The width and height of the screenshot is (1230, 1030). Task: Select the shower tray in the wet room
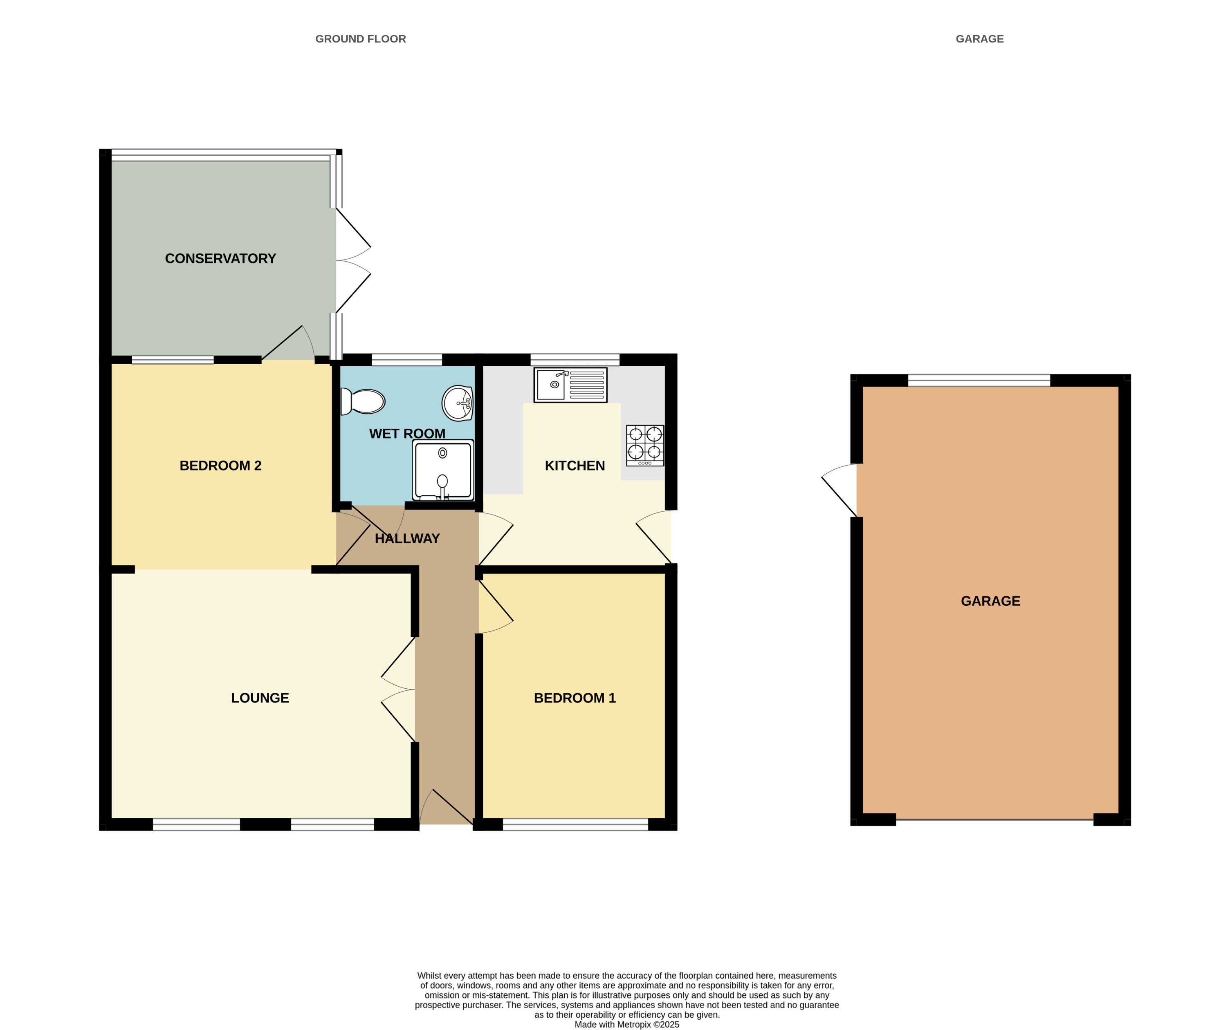pos(443,470)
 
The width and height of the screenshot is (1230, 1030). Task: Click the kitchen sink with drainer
pos(570,385)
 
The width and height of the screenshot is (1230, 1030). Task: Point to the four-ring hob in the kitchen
pos(645,445)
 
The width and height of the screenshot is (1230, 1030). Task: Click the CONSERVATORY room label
pos(220,258)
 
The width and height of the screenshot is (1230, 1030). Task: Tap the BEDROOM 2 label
pos(220,466)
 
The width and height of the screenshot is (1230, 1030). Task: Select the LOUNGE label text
pos(260,698)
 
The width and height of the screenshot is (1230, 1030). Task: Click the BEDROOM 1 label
pos(575,698)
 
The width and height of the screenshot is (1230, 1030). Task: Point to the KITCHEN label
pos(575,466)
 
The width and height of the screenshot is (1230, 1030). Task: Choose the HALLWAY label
pos(407,539)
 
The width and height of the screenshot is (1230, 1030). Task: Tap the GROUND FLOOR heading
pos(360,39)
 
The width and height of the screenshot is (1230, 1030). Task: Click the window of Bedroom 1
pos(575,824)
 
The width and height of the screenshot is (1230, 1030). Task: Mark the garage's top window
pos(979,380)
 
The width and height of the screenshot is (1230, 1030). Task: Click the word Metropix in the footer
pos(634,1024)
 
